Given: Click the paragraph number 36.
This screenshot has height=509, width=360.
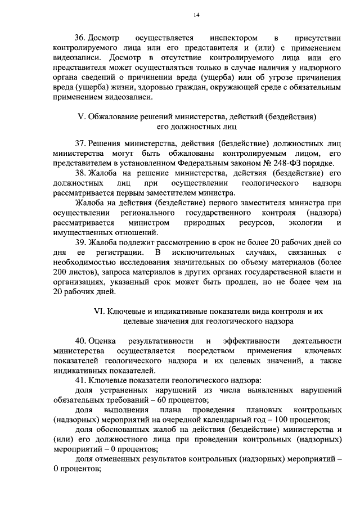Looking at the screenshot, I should tap(80, 38).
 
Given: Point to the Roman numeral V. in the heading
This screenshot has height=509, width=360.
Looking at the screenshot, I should tap(80, 116).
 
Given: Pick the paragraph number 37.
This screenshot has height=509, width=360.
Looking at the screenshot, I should tap(80, 142).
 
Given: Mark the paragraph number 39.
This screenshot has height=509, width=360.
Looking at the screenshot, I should tap(80, 242).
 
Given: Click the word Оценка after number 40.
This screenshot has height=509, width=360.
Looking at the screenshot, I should tap(101, 341).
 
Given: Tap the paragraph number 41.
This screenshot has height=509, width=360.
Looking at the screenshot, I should tap(80, 381).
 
